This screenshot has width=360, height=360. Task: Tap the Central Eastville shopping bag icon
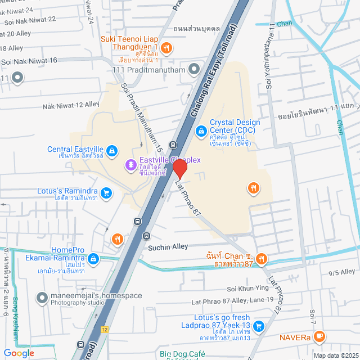tap(112, 151)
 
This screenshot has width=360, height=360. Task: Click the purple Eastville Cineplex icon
tap(130, 165)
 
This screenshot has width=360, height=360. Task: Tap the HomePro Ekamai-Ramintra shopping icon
tap(94, 258)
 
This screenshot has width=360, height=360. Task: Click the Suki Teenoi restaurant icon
tap(166, 47)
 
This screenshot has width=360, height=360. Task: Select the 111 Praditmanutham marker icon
tap(194, 69)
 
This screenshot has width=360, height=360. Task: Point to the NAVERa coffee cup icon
tap(319, 337)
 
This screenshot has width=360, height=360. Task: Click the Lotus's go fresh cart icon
tap(258, 326)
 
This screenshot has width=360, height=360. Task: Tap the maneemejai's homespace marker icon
tap(41, 296)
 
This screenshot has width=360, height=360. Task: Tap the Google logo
tap(19, 353)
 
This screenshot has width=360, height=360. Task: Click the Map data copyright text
tap(335, 355)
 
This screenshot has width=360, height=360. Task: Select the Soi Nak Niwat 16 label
tap(29, 60)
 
